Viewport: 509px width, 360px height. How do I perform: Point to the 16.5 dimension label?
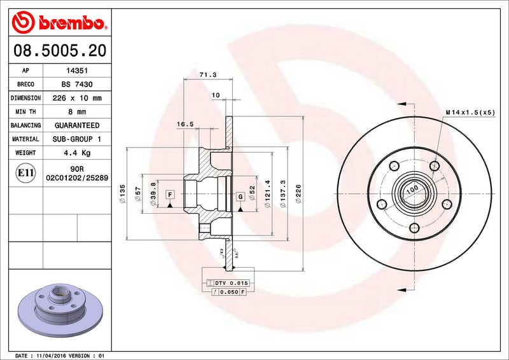pos(185,125)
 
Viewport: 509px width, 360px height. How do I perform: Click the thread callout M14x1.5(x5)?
pos(470,112)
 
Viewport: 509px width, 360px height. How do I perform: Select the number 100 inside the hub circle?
pos(412,189)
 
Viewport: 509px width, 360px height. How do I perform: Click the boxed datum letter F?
pos(170,194)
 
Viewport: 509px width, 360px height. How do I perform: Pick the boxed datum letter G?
pos(241,197)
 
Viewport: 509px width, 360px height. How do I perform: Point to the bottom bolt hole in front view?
pos(414,228)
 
